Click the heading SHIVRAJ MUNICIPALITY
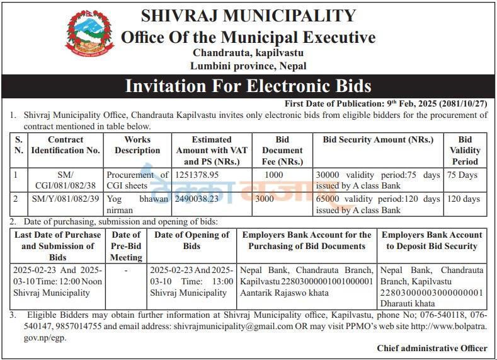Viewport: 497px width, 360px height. coord(248,16)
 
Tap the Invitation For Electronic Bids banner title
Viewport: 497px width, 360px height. coord(248,86)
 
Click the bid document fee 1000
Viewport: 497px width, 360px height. coord(274,175)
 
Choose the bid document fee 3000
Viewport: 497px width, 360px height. coord(265,199)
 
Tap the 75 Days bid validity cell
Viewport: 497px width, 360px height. coord(462,175)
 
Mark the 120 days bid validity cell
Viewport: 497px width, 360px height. coord(463,199)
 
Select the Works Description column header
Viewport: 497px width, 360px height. coord(137,145)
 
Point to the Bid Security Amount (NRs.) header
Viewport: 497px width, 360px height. coord(378,139)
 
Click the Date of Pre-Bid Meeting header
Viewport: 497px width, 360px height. coord(126,246)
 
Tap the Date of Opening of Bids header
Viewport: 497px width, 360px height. coord(192,240)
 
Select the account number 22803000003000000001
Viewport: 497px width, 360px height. coord(431,293)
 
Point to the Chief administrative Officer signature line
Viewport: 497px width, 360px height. coord(431,348)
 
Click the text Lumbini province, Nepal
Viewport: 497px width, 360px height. coord(248,66)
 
